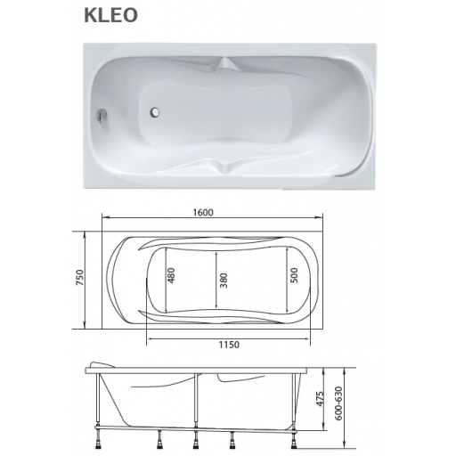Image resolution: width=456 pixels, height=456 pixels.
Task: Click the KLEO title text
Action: (x=110, y=15)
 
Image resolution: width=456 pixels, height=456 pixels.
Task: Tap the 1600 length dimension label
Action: (x=203, y=213)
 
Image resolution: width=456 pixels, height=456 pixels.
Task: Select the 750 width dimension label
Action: (x=80, y=278)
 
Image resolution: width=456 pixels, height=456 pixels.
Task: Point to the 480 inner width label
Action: (x=172, y=275)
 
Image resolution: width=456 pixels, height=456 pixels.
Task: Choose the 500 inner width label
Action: (x=293, y=275)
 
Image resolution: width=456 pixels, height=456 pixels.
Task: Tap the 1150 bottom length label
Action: (x=229, y=345)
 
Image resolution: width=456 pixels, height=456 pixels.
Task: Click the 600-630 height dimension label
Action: (x=338, y=403)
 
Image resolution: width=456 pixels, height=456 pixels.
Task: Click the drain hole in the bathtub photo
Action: (x=155, y=112)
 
